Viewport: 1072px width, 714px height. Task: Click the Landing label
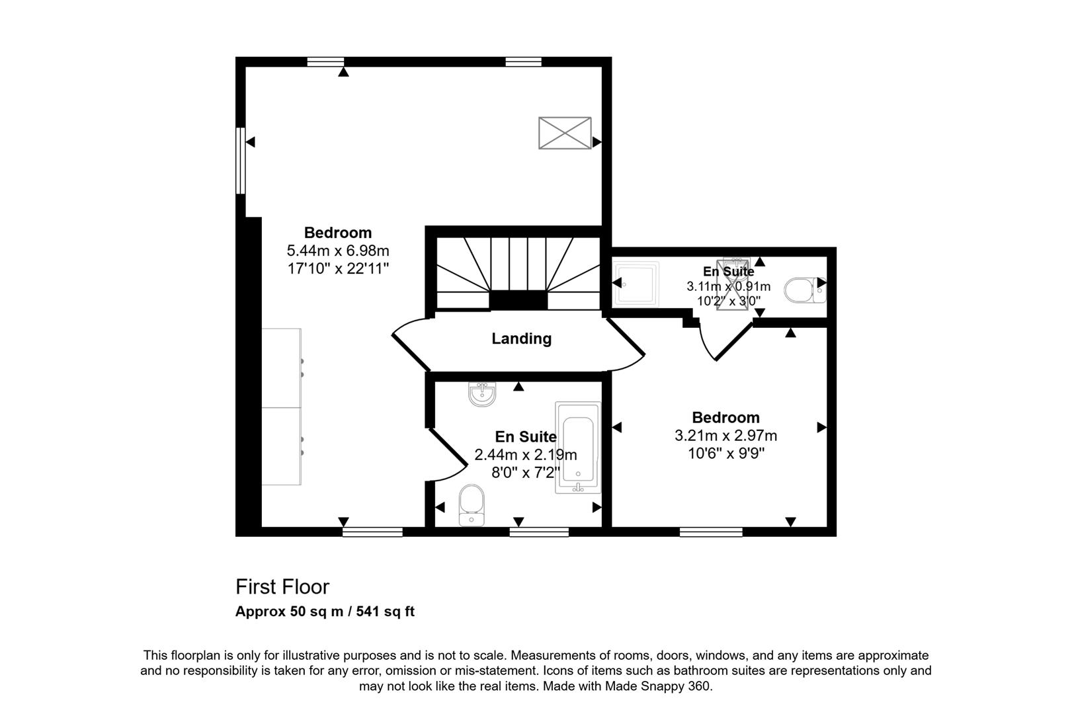pos(521,338)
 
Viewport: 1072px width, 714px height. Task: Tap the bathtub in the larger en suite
pos(578,448)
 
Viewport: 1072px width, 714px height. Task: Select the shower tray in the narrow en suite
pos(636,284)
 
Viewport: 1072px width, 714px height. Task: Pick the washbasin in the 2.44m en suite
pos(482,395)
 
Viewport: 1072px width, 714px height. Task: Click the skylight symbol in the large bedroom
pos(565,133)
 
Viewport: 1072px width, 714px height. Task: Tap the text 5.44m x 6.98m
pos(337,251)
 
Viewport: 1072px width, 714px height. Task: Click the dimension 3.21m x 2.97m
pos(725,436)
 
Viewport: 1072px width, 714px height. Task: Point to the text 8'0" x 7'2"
pos(526,473)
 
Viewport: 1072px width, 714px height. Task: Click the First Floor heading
pos(282,586)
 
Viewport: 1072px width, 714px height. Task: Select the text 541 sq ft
pos(385,612)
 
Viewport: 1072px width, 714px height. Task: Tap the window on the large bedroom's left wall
pos(241,161)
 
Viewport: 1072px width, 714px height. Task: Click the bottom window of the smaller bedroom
pos(711,532)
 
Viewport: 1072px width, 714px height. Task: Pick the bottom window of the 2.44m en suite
pos(539,532)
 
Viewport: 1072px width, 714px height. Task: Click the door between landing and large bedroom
pos(411,344)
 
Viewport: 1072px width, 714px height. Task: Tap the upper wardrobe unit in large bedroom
pos(282,368)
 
